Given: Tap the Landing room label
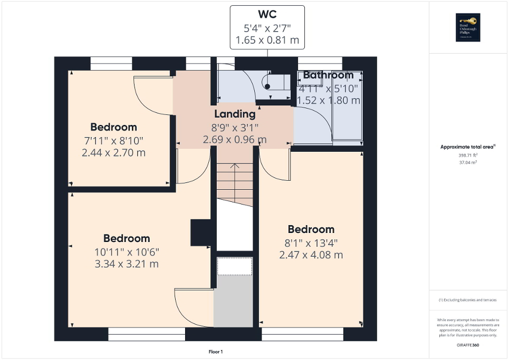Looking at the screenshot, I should pos(235,114).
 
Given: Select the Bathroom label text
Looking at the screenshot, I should pos(328,75).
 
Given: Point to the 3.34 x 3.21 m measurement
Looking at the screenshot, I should pos(127,264).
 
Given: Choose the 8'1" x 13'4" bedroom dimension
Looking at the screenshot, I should pos(311,242).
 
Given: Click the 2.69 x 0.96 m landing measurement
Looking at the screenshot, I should pos(235,140).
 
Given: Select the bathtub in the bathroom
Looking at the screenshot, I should pos(347,105).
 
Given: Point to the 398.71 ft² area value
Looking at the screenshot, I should pos(468,156).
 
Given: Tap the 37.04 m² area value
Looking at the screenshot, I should pos(468,163).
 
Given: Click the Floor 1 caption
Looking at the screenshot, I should pos(216,352).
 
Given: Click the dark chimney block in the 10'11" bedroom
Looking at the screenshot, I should pos(201,232).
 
